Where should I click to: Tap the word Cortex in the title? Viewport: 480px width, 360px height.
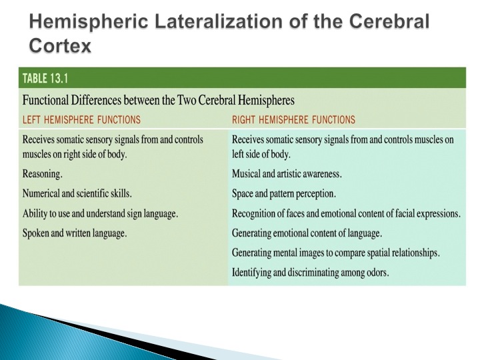(x=60, y=45)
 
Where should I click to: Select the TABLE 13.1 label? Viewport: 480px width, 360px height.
(x=45, y=79)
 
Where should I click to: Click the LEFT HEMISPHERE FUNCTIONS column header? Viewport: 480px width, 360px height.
(x=82, y=119)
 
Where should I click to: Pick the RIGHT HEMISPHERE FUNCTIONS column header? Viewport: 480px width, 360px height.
(x=293, y=119)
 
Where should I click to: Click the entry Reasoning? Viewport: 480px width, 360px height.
(x=42, y=174)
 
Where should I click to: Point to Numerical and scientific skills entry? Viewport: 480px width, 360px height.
(x=77, y=193)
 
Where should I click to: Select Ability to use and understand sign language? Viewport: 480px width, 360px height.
(x=100, y=213)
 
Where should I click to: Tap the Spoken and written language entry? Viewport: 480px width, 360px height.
(x=75, y=233)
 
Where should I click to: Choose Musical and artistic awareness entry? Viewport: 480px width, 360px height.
(x=287, y=174)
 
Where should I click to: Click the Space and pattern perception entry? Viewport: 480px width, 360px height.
(x=284, y=194)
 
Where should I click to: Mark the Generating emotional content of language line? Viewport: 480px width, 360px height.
(x=307, y=233)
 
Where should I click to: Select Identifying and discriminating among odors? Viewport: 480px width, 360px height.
(x=311, y=273)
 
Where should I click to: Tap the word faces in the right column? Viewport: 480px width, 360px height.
(x=295, y=213)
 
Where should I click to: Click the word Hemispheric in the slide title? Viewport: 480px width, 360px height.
(x=89, y=22)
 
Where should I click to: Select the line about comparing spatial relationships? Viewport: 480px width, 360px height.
(x=336, y=253)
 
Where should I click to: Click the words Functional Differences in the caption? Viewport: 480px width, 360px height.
(x=72, y=101)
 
